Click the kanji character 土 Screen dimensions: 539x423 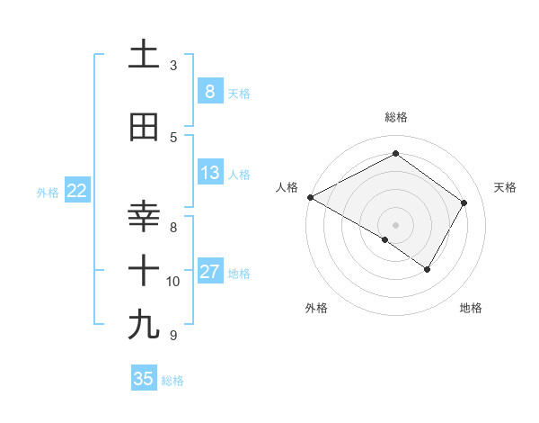(144, 54)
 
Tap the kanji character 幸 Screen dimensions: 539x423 (144, 217)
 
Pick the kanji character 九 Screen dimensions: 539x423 (144, 324)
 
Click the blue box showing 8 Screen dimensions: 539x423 (209, 91)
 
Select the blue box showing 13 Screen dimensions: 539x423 (209, 173)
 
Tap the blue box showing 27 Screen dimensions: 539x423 (209, 272)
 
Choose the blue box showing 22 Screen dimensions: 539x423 (76, 191)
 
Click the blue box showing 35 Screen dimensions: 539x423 (144, 379)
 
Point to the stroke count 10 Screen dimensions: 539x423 (173, 282)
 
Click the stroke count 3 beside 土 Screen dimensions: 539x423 (173, 66)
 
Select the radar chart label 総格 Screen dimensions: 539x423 (395, 117)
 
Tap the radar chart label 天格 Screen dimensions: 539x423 (506, 187)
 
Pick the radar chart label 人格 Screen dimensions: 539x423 (287, 187)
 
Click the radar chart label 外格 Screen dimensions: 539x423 (315, 308)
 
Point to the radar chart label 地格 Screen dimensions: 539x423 (471, 308)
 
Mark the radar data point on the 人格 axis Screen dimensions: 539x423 (310, 197)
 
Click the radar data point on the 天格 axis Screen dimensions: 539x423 (464, 202)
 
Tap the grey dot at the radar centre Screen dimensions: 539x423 (395, 224)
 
